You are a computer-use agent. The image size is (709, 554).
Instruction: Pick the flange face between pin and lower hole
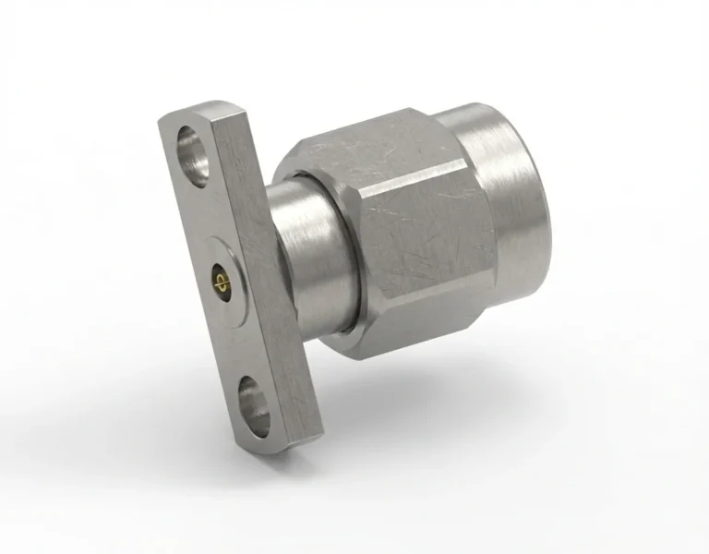tap(234, 337)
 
